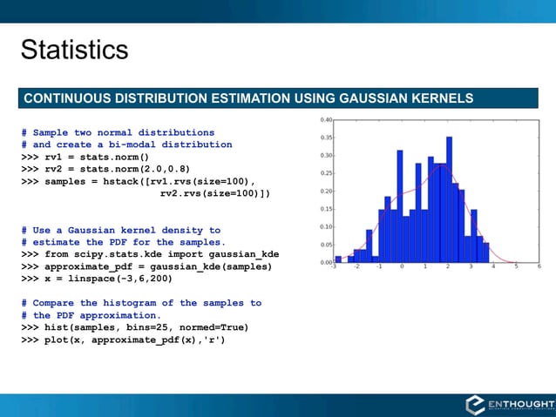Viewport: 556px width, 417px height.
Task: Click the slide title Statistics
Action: [x=74, y=50]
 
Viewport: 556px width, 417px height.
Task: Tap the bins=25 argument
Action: [x=129, y=327]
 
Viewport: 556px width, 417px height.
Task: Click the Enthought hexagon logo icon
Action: [x=476, y=405]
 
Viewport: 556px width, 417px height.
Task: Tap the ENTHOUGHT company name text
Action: [x=521, y=402]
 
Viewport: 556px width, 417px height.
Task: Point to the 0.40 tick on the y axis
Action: [x=324, y=120]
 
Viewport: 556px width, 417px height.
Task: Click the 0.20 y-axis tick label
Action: [x=324, y=192]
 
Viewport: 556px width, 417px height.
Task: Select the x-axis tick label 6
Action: [x=539, y=267]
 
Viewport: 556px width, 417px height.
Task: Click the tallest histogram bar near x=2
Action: [x=449, y=199]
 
